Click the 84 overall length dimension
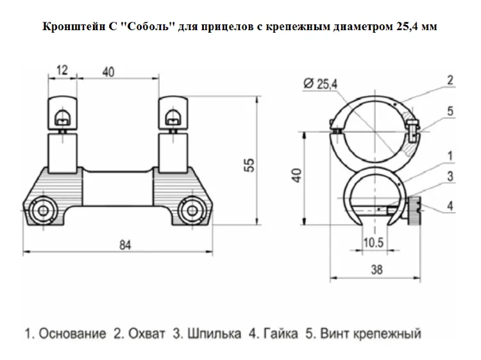[125, 245]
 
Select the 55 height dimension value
[251, 165]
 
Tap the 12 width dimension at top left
[62, 71]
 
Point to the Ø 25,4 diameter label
[320, 83]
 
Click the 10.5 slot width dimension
[374, 243]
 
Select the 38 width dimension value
[376, 270]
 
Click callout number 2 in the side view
[450, 80]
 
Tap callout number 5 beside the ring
[450, 111]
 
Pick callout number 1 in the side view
[450, 156]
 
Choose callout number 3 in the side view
[450, 176]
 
